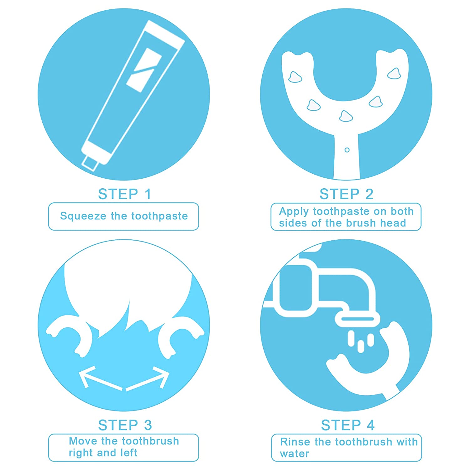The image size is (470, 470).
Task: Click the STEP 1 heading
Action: pos(124,194)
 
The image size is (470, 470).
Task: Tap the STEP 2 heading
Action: pos(346,194)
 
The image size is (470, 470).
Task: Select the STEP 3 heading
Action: pos(125,425)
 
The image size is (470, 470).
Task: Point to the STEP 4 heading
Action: pos(347,425)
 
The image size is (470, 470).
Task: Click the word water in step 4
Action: pos(294,454)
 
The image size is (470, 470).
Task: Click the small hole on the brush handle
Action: pos(347,150)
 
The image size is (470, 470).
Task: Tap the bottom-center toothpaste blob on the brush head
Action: pos(346,116)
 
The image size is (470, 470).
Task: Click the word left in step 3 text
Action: pos(129,453)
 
